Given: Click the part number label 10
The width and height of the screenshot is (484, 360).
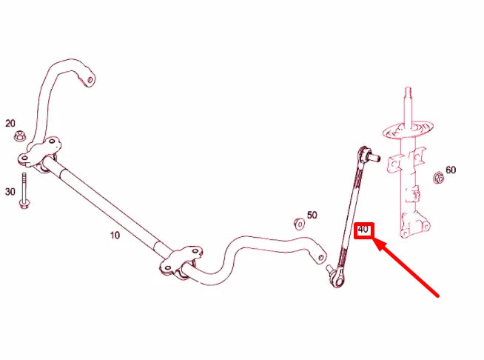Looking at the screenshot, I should point(114,235).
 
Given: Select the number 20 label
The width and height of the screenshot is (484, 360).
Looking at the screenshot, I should point(10,124).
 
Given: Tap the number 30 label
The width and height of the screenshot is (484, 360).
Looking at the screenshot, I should point(10,192).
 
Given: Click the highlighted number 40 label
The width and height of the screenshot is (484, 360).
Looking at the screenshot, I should point(363,230).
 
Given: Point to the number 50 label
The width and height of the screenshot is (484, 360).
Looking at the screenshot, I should point(312,215).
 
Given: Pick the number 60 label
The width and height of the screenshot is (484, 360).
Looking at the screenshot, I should point(451,170).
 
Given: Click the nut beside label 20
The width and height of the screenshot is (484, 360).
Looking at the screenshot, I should point(22,136).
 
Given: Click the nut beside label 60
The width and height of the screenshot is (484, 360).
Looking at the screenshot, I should point(437,177).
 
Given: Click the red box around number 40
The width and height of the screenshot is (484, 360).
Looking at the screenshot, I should point(363,230).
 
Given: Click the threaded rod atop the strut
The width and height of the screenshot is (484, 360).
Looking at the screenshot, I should point(406,104).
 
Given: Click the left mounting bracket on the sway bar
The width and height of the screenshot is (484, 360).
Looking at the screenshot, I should point(38,153).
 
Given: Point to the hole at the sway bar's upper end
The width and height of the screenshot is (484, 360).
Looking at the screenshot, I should point(90,79).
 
